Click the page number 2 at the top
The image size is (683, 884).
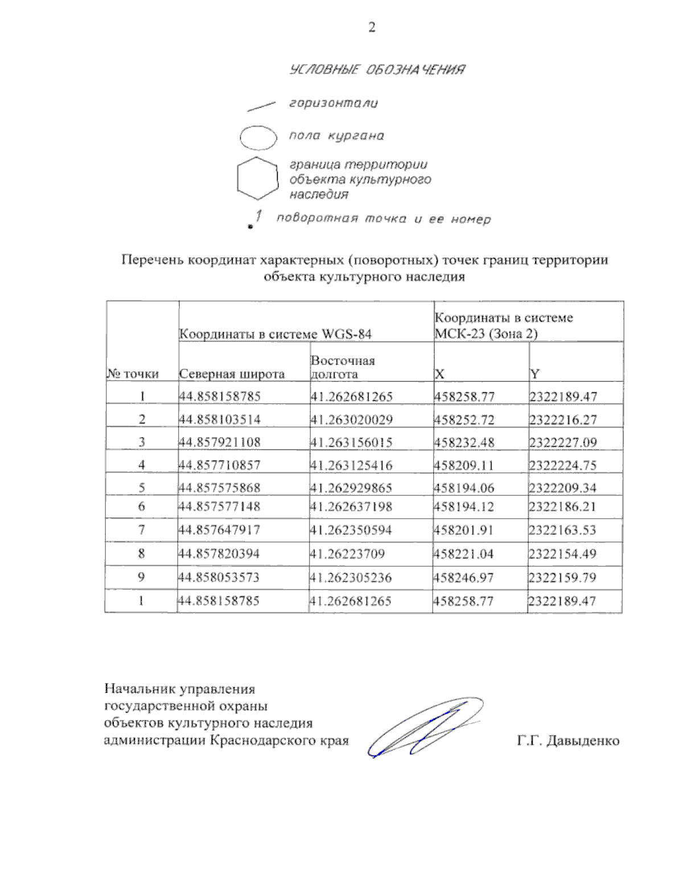click(x=372, y=27)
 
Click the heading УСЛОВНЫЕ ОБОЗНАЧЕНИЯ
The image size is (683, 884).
click(x=377, y=70)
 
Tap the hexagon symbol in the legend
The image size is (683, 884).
click(x=257, y=178)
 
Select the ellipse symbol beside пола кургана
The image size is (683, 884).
click(x=258, y=137)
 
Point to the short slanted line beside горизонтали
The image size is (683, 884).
click(x=261, y=105)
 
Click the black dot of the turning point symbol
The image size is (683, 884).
click(x=250, y=227)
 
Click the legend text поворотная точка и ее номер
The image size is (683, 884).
click(x=383, y=219)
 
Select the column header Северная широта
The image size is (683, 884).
click(x=232, y=374)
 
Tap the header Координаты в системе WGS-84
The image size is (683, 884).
click(x=275, y=334)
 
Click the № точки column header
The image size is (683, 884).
click(x=133, y=374)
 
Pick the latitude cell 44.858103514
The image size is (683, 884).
click(x=220, y=420)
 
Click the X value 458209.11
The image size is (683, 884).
click(x=464, y=465)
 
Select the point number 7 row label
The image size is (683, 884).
click(x=141, y=530)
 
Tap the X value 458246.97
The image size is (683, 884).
click(x=464, y=578)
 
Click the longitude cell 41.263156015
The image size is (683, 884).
click(x=351, y=442)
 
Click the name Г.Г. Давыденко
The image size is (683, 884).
click(x=568, y=741)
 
